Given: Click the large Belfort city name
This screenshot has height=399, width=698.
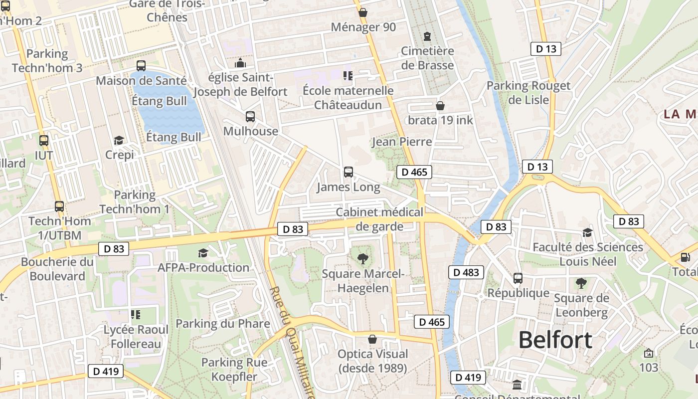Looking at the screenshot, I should click(x=555, y=340).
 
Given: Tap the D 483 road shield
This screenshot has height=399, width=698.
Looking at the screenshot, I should click(x=466, y=272).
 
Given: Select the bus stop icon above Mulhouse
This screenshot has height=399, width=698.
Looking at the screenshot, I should click(x=250, y=117).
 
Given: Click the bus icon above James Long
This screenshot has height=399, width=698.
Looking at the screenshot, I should click(x=349, y=172).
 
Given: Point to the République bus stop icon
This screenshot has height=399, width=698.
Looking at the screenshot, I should click(x=518, y=278).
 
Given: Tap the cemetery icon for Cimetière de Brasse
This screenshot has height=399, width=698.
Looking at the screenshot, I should click(x=427, y=36).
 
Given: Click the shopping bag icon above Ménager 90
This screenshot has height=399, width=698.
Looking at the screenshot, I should click(x=363, y=12).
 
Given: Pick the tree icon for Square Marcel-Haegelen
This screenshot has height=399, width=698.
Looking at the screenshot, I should click(x=363, y=258).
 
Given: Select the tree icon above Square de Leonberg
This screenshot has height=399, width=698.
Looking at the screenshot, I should click(x=581, y=283).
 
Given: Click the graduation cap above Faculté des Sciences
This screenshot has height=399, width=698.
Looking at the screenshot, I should click(x=588, y=232).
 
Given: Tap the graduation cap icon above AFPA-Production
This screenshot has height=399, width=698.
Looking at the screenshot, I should click(x=203, y=253).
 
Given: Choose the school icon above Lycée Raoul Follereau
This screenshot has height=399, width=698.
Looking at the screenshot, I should click(x=136, y=315).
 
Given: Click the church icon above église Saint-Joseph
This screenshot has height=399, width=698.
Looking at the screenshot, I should click(x=240, y=63).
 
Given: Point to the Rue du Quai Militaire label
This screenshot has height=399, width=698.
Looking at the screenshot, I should click(x=292, y=342).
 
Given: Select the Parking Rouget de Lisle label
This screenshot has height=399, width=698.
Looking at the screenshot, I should click(x=528, y=93).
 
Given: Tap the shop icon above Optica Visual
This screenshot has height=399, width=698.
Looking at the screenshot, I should click(x=372, y=339).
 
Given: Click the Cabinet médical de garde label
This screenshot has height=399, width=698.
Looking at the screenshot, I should click(x=379, y=219).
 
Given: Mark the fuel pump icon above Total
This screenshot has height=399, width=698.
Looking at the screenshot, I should click(x=686, y=257).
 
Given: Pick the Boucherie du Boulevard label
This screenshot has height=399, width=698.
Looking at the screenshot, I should click(x=57, y=269).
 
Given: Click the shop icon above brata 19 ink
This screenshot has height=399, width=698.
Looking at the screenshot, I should click(x=440, y=106).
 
